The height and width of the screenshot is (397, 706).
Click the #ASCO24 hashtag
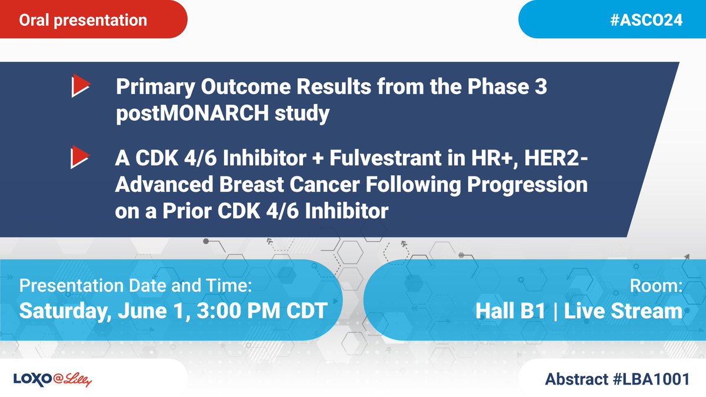pos(646,20)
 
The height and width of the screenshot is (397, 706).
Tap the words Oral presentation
pos(83,21)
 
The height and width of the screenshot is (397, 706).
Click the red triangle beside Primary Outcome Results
pos(81,85)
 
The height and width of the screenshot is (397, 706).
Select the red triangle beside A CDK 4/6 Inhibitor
pos(80,157)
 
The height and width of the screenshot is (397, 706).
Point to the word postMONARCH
pos(192,114)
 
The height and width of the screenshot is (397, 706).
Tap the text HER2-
pos(556,158)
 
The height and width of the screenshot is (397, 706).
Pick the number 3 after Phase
pos(541,86)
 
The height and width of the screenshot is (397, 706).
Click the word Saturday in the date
pos(65,311)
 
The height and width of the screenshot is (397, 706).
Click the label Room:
pos(656,286)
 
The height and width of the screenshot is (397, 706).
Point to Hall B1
pos(510,311)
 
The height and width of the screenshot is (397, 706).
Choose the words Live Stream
pos(623,311)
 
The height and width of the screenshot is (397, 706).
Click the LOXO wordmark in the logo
pos(33,379)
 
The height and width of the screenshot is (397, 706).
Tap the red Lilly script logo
pos(72,379)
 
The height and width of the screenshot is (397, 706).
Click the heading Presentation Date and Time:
pos(135,286)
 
